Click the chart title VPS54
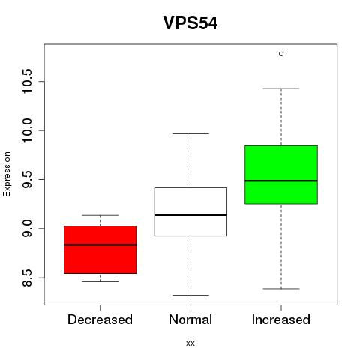(190, 22)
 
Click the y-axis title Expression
(7, 175)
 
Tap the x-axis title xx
(190, 343)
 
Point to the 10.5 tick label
(26, 82)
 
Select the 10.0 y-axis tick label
(26, 130)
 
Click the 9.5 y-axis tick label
(26, 179)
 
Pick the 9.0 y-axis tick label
(26, 229)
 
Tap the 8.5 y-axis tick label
(26, 277)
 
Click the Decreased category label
(100, 319)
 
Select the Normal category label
(190, 319)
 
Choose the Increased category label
(281, 319)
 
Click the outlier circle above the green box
(281, 54)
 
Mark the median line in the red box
(100, 244)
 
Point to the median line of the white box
(190, 215)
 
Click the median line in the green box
(281, 181)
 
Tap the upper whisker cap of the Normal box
(190, 133)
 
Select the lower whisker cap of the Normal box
(190, 295)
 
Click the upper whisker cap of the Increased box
(281, 88)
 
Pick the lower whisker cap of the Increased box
(281, 289)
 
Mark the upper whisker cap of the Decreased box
(100, 215)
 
